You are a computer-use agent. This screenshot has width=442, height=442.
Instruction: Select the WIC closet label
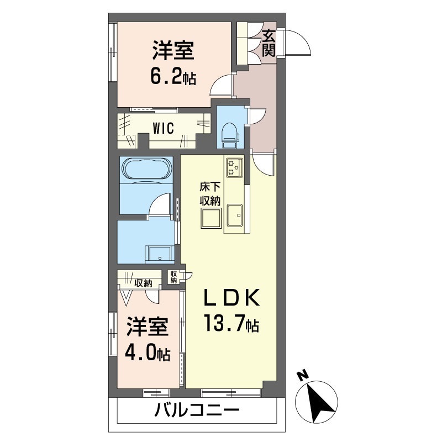point(164,129)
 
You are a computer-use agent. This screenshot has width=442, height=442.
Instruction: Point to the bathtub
point(146,168)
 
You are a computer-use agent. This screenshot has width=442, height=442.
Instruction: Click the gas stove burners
point(234,166)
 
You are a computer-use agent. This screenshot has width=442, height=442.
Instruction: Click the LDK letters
point(231,299)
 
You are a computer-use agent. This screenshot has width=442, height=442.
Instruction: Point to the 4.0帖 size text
point(148,352)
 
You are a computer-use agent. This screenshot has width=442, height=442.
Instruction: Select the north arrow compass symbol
point(319,398)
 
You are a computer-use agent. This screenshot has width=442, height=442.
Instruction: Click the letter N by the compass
point(302,376)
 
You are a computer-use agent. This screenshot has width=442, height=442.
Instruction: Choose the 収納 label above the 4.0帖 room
point(143,283)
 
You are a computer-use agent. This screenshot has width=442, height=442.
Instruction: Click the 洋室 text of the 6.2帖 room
point(173,51)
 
